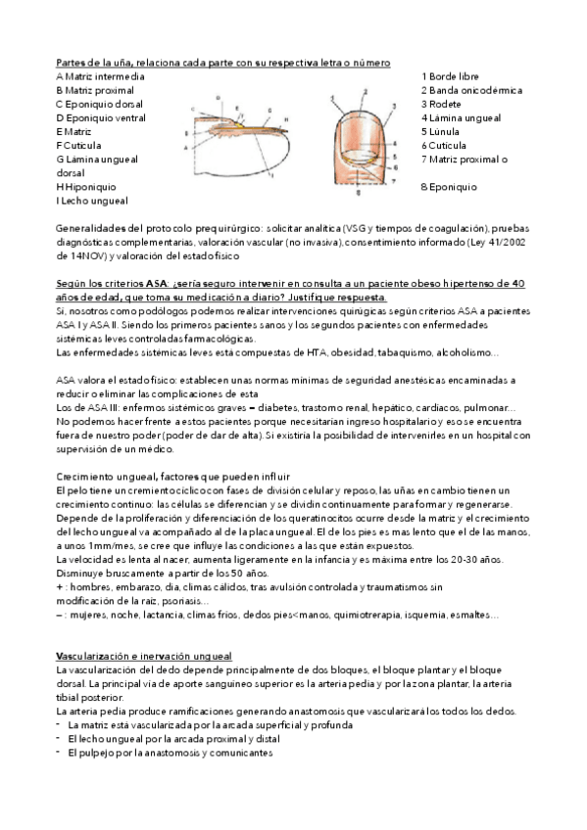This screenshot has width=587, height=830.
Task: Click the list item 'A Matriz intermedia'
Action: point(101,76)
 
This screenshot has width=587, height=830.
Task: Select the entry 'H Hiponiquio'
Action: point(86,186)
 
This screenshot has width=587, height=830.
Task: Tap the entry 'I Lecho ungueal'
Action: point(92,201)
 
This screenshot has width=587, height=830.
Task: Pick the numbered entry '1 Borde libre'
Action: point(450,76)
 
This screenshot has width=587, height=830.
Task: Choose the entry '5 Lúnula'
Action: point(442,131)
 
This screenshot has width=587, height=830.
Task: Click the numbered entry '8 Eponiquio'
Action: point(449,186)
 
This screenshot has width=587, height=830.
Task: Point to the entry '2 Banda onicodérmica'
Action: point(471,90)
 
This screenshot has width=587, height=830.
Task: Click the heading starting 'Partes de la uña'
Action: point(223,63)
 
